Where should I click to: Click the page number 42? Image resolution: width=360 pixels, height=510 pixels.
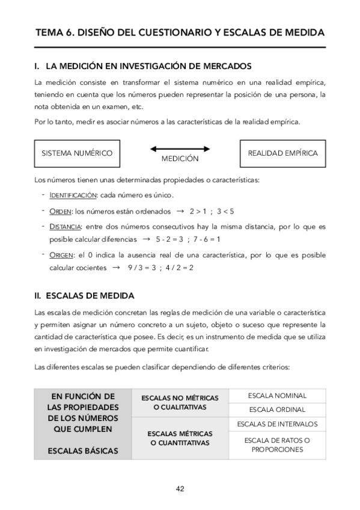coord(180,488)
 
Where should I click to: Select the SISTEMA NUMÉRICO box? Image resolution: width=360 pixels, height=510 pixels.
coord(77,153)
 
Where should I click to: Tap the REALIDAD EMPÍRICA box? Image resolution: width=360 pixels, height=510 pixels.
coord(282,153)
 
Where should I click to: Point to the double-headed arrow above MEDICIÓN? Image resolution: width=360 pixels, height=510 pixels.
coord(180,148)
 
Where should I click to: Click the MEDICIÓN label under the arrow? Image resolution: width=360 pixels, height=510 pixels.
coord(180,159)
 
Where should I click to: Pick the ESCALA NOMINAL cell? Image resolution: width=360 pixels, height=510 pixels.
coord(277,396)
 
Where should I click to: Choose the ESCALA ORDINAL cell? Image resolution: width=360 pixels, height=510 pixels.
coord(277,410)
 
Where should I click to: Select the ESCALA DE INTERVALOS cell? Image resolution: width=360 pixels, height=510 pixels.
coord(277,424)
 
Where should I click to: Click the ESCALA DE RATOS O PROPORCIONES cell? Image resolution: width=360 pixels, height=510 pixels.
coord(277,445)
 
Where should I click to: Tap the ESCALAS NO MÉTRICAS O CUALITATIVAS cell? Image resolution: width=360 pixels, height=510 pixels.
coord(180,402)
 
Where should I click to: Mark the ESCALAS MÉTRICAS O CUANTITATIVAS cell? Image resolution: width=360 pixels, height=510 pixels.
coord(180,438)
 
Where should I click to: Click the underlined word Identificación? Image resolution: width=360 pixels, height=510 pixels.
coord(73,195)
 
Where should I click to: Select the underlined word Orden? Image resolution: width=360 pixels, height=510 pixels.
coord(61,211)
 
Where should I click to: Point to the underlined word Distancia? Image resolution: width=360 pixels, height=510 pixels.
coord(66,227)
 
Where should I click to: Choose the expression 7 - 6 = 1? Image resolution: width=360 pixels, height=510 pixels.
coord(206,239)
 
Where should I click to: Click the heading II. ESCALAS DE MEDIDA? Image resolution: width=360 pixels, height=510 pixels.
coord(84,296)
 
